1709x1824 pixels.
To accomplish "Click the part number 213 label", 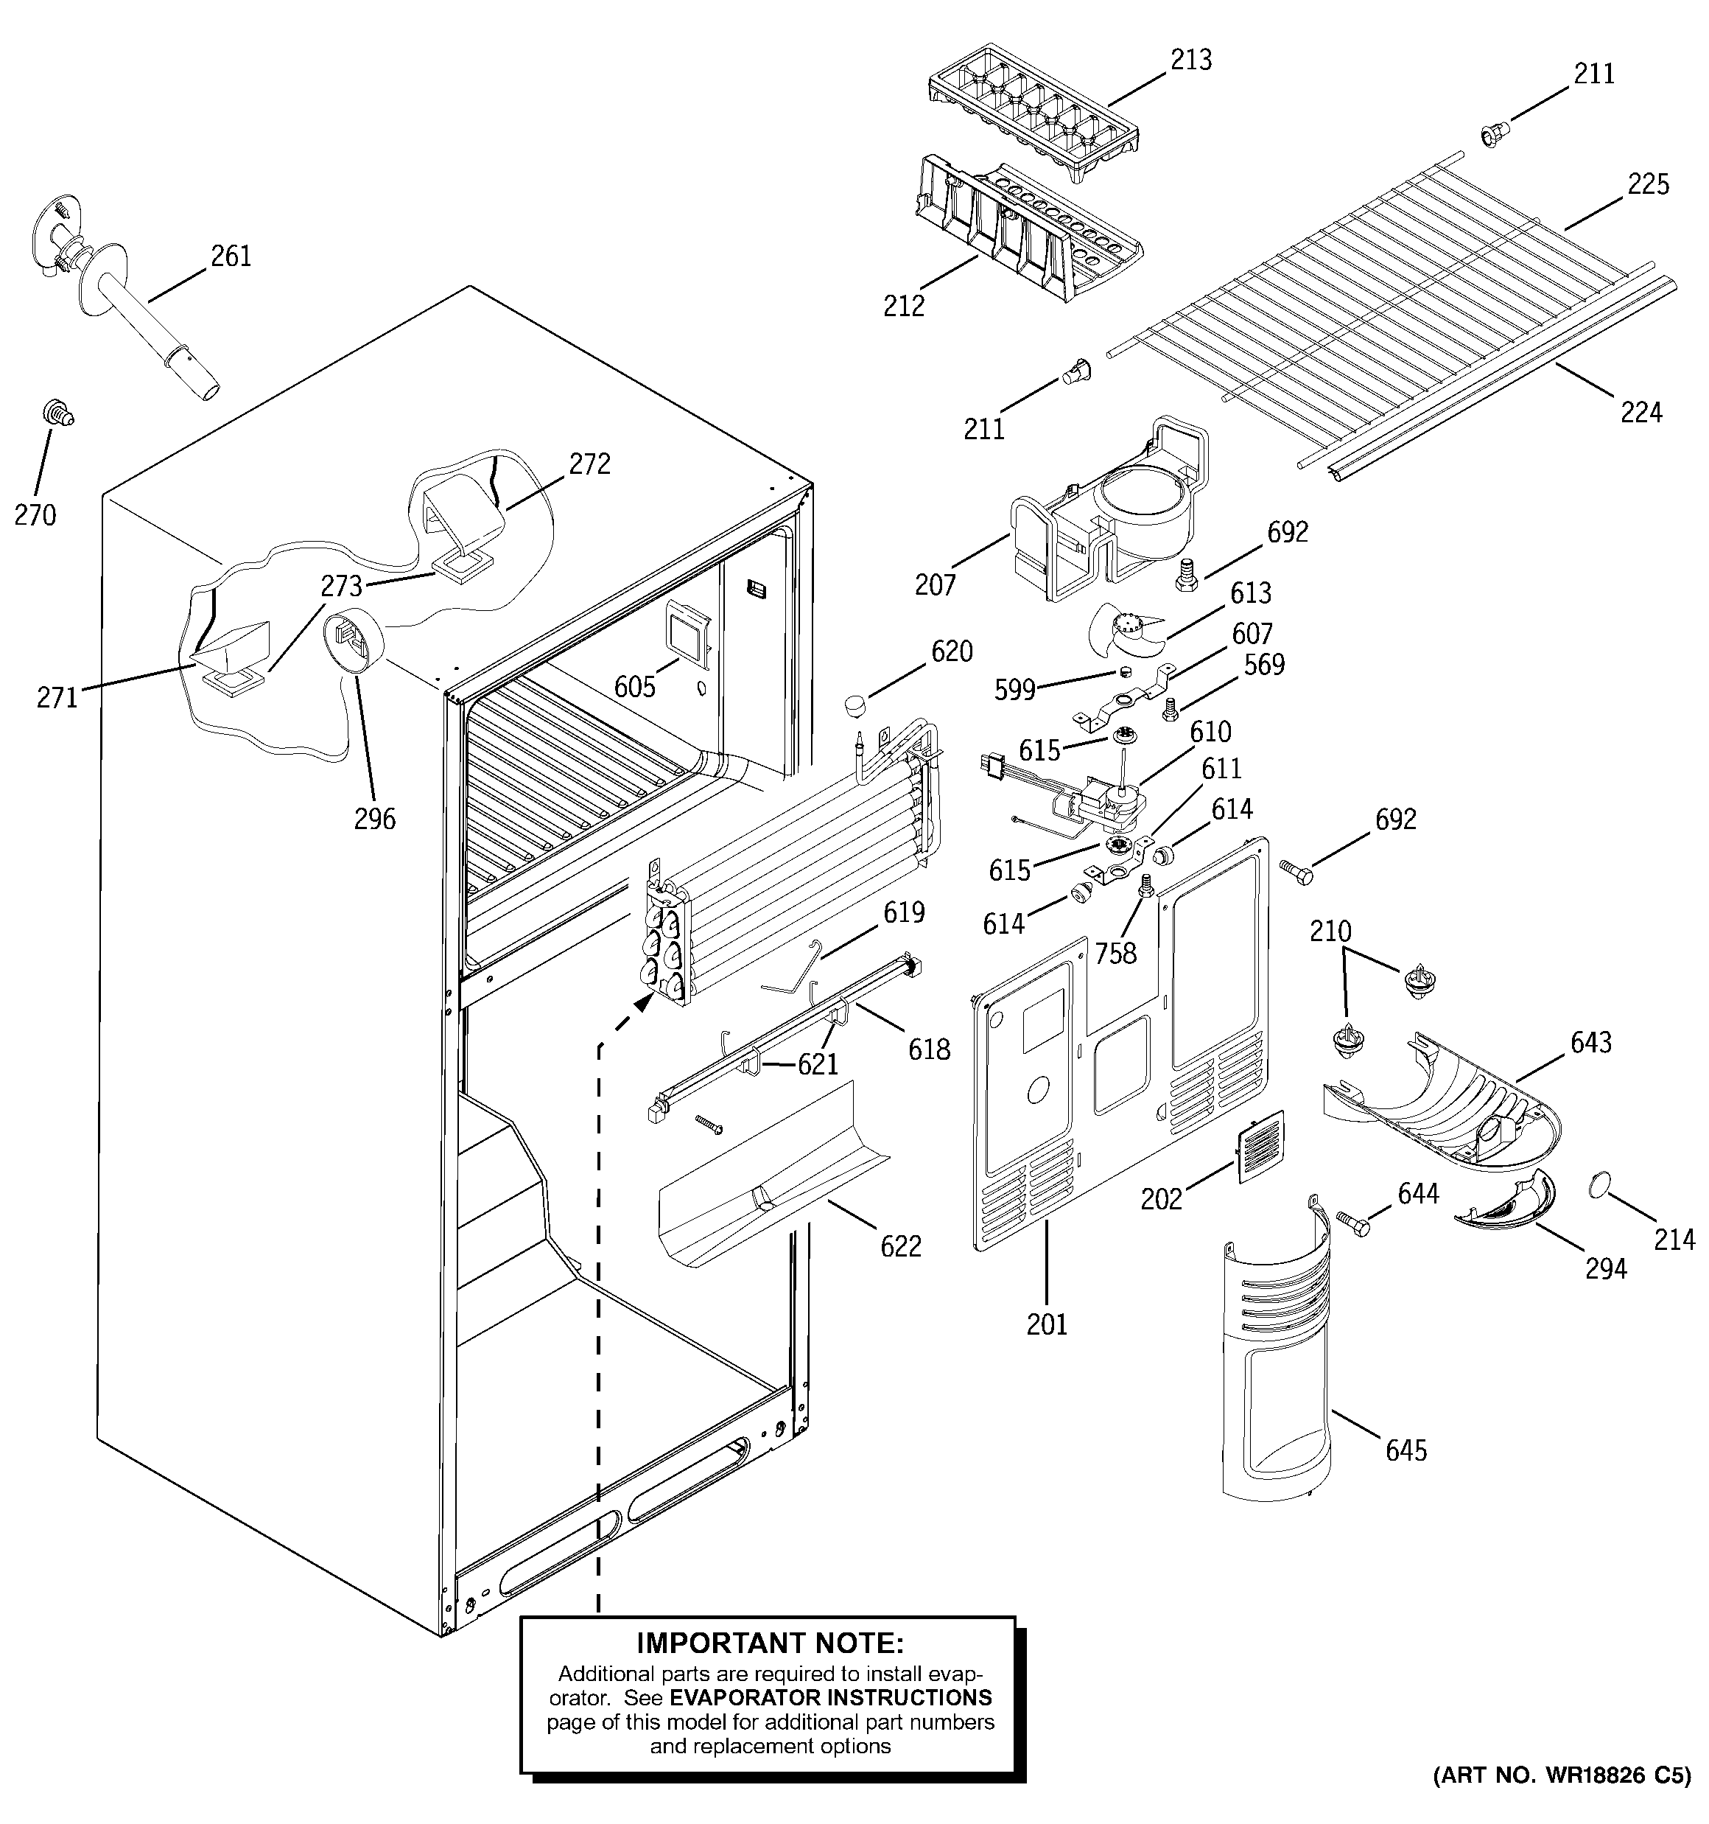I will (1190, 60).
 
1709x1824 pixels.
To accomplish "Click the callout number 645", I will (1406, 1450).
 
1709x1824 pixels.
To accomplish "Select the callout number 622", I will (900, 1246).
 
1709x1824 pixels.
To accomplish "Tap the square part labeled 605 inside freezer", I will (688, 633).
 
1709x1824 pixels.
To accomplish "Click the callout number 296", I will (374, 819).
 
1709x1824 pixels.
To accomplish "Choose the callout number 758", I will (1115, 954).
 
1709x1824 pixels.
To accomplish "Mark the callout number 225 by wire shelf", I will (1648, 184).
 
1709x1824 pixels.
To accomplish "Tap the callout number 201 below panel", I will (1047, 1324).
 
